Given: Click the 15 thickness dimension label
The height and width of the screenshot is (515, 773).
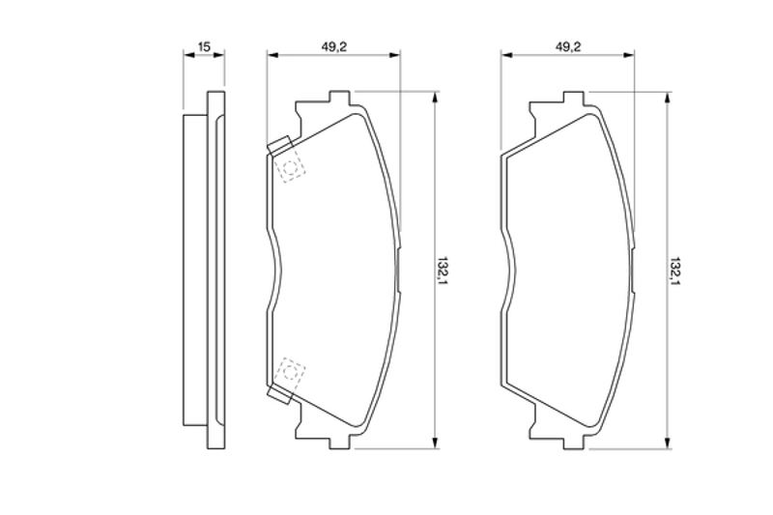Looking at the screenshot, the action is pyautogui.click(x=204, y=46).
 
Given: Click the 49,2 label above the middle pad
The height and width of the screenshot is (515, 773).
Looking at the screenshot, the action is pyautogui.click(x=334, y=46).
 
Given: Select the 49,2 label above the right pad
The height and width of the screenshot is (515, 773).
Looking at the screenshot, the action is pyautogui.click(x=568, y=46).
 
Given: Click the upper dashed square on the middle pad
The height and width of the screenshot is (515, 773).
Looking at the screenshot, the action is pyautogui.click(x=291, y=169).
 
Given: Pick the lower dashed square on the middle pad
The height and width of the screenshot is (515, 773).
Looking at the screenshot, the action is pyautogui.click(x=291, y=371).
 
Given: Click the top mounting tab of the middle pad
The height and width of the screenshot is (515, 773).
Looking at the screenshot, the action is pyautogui.click(x=340, y=98).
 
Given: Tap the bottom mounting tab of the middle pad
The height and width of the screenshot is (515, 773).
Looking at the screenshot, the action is pyautogui.click(x=340, y=442).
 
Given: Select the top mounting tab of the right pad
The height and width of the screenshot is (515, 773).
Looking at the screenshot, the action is pyautogui.click(x=574, y=98).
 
